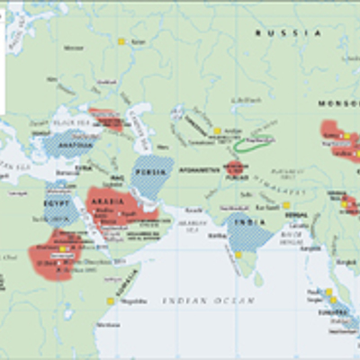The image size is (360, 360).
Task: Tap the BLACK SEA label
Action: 67,125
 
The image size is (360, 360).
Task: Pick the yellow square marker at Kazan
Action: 121,41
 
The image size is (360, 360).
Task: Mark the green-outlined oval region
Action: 251,144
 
